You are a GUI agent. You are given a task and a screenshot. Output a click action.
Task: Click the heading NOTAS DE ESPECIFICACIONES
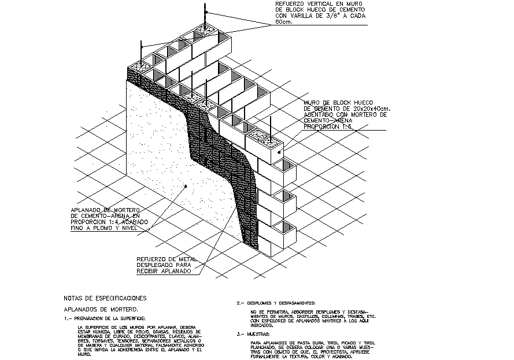(104, 299)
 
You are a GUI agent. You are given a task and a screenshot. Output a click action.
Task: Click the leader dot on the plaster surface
(186, 185)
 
